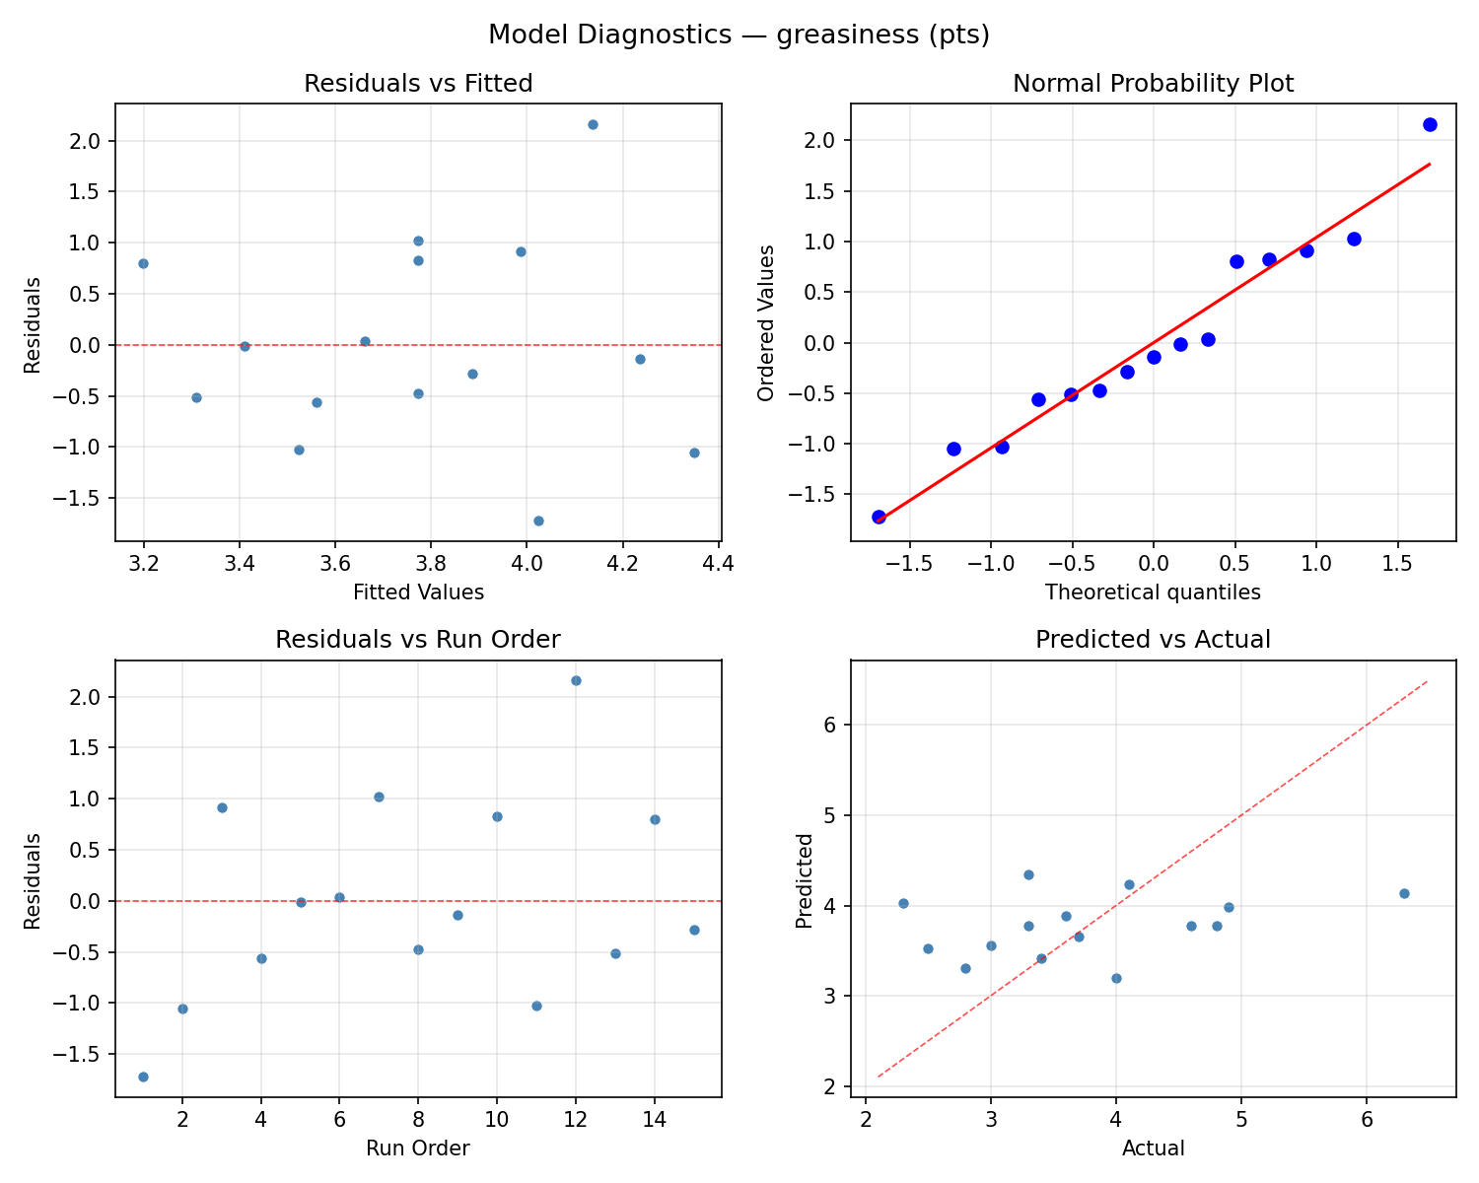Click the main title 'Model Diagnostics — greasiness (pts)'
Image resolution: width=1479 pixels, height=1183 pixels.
pyautogui.click(x=739, y=35)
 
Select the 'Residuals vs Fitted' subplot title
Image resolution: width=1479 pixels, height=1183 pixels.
pyautogui.click(x=418, y=84)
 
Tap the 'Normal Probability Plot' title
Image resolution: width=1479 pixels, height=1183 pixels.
pyautogui.click(x=1153, y=84)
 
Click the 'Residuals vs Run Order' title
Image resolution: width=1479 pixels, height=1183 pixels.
pyautogui.click(x=418, y=640)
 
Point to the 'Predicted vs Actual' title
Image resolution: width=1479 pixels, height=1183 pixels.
pyautogui.click(x=1153, y=640)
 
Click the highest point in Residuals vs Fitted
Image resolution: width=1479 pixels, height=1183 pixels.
pyautogui.click(x=593, y=124)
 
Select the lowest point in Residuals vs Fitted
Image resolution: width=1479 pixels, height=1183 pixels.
pyautogui.click(x=538, y=521)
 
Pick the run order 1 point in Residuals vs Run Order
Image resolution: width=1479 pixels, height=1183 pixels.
pyautogui.click(x=143, y=1077)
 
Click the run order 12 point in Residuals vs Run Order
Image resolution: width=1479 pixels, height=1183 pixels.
pyautogui.click(x=576, y=680)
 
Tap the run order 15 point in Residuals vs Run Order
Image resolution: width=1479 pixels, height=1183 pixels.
pyautogui.click(x=694, y=930)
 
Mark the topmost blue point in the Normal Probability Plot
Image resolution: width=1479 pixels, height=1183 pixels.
pyautogui.click(x=1430, y=124)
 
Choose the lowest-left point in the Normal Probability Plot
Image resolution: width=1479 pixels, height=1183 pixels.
pyautogui.click(x=879, y=517)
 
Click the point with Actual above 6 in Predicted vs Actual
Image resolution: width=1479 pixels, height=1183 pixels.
pyautogui.click(x=1404, y=893)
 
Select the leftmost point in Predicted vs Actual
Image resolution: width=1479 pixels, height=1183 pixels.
pyautogui.click(x=903, y=903)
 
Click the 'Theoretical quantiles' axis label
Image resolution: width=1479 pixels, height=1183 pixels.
pyautogui.click(x=1153, y=592)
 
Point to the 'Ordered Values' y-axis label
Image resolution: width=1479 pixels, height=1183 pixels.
pyautogui.click(x=766, y=322)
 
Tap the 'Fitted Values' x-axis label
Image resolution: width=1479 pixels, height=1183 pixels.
pyautogui.click(x=418, y=592)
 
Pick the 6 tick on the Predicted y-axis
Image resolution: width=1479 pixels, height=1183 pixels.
pyautogui.click(x=830, y=725)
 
